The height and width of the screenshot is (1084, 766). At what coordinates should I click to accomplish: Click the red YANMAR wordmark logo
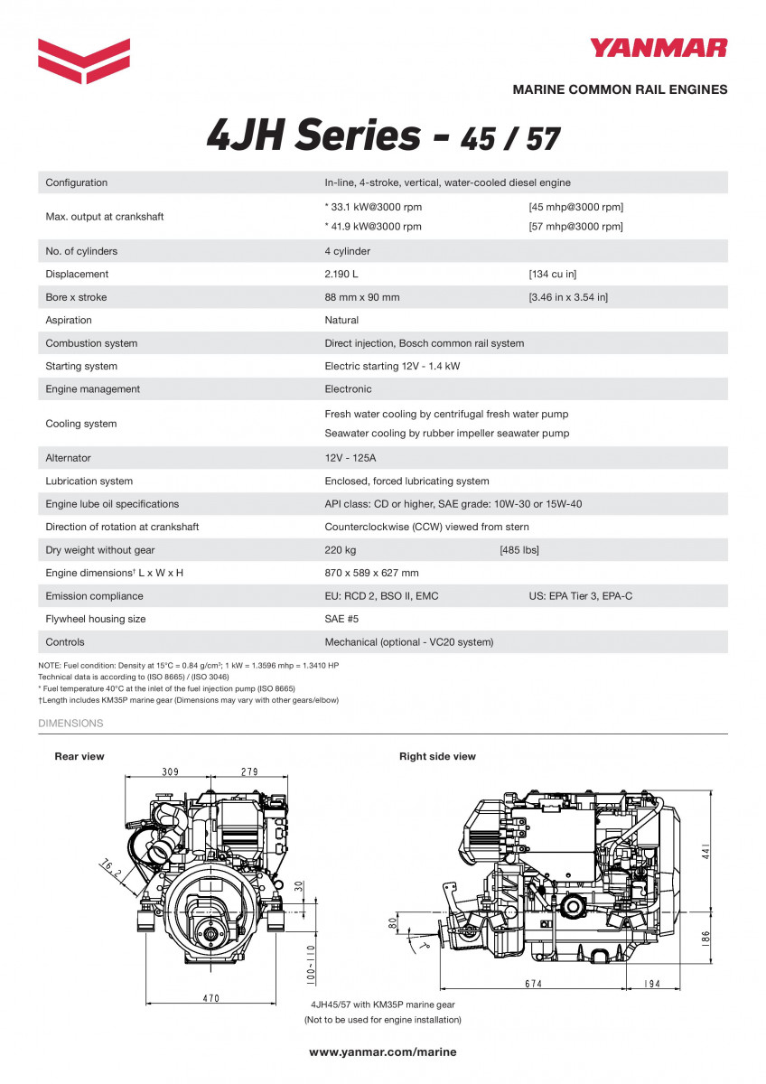coord(659,48)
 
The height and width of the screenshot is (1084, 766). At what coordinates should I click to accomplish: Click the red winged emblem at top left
coord(84,61)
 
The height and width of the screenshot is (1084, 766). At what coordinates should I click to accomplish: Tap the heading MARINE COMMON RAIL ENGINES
coord(620,89)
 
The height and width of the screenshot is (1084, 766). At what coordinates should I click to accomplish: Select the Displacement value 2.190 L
coord(342,274)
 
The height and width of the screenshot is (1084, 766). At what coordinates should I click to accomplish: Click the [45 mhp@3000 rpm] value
coord(575,207)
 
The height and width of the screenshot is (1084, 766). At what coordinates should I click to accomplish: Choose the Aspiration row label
coord(69,320)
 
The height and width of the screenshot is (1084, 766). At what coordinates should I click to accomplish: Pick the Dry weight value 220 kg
coord(341,550)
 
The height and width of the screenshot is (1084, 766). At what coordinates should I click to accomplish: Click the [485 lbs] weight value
coord(519,550)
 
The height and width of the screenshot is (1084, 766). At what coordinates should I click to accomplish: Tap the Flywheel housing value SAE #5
coord(341,619)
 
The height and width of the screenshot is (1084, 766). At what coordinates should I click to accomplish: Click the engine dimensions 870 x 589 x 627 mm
coord(371,573)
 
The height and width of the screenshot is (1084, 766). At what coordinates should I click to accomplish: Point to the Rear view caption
coord(79,756)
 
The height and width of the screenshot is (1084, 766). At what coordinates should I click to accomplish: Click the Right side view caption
coord(437,756)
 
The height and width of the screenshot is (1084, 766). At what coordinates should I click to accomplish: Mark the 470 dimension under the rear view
coord(210,999)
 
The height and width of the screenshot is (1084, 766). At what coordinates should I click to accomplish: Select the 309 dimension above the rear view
coord(170,771)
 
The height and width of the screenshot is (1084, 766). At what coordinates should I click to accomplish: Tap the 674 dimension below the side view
coord(533,984)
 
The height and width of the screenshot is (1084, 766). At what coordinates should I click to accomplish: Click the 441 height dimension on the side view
coord(707,855)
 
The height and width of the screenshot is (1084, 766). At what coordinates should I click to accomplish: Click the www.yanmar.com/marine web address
coord(383,1051)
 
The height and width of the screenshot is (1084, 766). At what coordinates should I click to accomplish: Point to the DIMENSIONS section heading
coord(70,724)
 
